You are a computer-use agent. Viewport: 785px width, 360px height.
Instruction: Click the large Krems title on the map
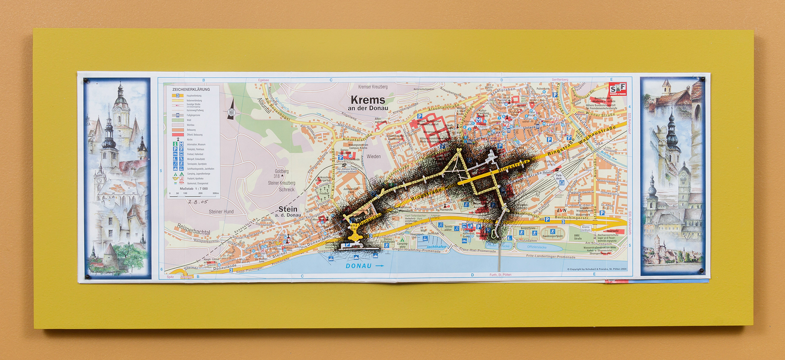(x=368, y=100)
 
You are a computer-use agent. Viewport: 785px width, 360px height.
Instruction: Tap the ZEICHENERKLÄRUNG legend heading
(x=191, y=89)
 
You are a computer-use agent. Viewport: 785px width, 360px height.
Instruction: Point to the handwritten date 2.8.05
(x=198, y=202)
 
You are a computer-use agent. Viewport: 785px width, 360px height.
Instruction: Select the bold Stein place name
(x=288, y=209)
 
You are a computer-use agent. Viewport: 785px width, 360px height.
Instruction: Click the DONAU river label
(x=359, y=266)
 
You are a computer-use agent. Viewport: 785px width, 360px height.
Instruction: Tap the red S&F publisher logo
(x=617, y=89)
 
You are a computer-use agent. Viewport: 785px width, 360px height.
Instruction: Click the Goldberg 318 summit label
(x=281, y=173)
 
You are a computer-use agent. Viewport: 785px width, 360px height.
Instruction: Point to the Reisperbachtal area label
(x=193, y=229)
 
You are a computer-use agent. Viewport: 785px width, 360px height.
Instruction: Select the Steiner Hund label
(x=221, y=211)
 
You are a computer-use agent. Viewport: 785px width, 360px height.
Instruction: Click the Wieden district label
(x=373, y=156)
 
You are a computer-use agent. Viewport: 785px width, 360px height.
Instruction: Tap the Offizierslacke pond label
(x=536, y=247)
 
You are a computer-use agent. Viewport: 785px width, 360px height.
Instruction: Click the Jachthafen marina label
(x=436, y=247)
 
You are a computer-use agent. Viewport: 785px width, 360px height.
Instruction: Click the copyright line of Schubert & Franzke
(x=597, y=269)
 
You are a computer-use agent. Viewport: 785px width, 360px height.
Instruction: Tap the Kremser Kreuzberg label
(x=372, y=87)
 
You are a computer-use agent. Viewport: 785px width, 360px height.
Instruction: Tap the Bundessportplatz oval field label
(x=553, y=236)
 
